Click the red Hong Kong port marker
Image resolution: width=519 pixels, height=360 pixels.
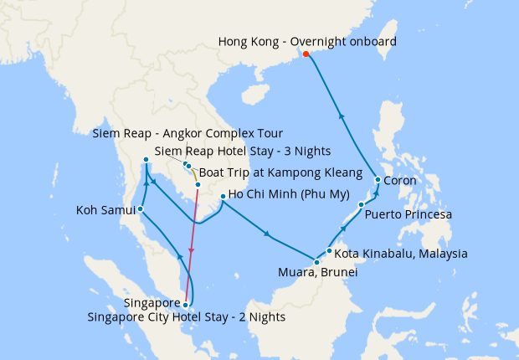coord(306,54)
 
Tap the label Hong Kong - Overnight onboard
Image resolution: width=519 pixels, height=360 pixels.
coord(307,41)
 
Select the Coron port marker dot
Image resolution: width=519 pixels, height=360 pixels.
coord(378,180)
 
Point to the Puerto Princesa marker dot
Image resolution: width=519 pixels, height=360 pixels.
coord(361,205)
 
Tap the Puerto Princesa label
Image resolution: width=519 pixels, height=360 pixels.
coord(409,215)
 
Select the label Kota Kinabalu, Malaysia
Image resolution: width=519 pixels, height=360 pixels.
coord(401,253)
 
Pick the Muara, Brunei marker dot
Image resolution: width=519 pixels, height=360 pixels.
coord(316,263)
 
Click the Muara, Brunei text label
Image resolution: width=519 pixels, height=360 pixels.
coord(317,273)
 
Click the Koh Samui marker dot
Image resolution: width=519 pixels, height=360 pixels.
coord(141,209)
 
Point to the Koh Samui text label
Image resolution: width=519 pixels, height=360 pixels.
coord(105,209)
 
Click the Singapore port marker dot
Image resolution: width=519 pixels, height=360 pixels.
coord(185,305)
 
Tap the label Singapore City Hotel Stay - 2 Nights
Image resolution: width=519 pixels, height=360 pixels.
coord(187,317)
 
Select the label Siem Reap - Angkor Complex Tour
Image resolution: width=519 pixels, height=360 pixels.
coord(188,134)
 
